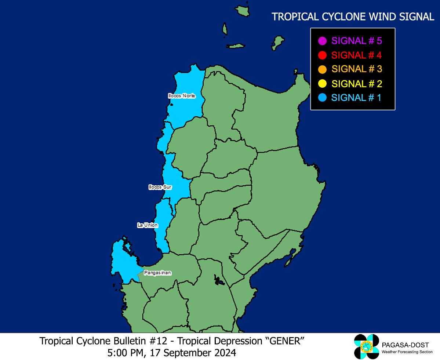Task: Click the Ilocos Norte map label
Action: click(x=182, y=96)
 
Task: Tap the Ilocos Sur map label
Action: click(x=160, y=187)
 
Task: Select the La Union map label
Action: click(x=148, y=225)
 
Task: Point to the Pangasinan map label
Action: click(x=158, y=273)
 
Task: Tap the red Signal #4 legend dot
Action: click(x=323, y=55)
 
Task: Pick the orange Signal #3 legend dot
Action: click(x=323, y=69)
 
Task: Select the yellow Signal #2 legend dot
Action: click(x=323, y=84)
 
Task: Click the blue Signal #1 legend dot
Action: click(x=323, y=98)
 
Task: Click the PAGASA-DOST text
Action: click(x=405, y=345)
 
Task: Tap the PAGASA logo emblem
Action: click(x=366, y=346)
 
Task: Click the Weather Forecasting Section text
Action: click(x=405, y=352)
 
